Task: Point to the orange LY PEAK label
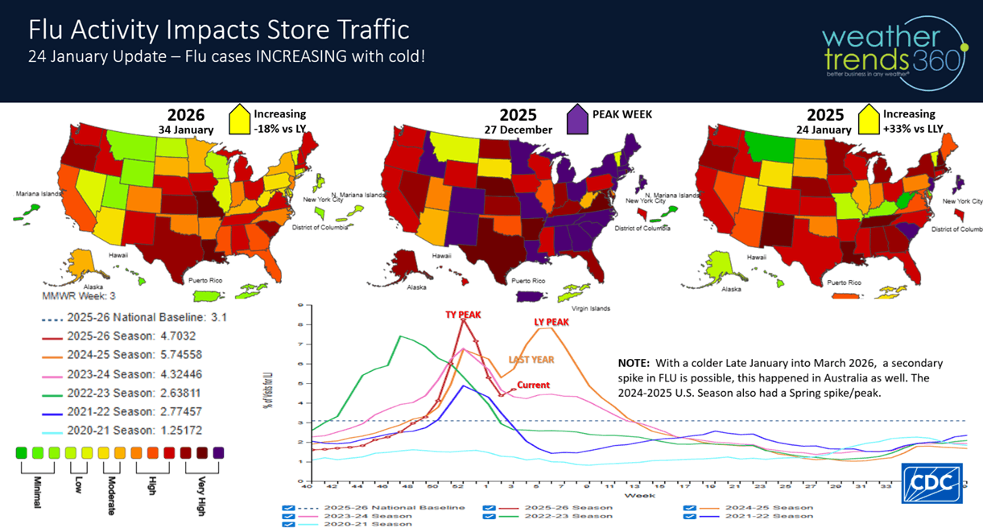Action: (x=551, y=322)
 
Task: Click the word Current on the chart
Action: (x=533, y=386)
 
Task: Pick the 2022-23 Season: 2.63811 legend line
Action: (x=113, y=393)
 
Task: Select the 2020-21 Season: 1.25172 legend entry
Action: (x=113, y=431)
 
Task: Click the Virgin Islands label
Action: (x=590, y=307)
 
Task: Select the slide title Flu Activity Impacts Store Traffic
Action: (x=219, y=30)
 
